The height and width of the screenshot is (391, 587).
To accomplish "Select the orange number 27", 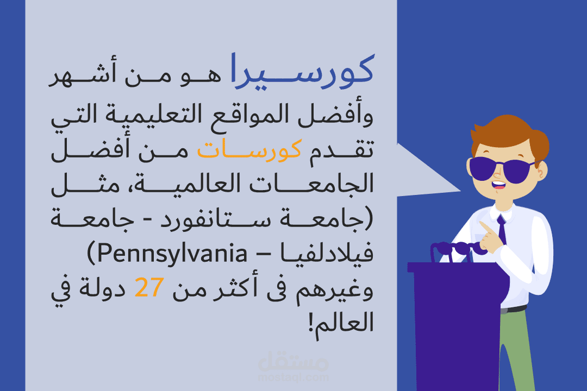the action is tap(149, 287).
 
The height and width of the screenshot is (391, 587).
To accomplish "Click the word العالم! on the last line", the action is tap(341, 323).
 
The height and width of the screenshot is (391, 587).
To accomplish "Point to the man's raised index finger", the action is tap(485, 227).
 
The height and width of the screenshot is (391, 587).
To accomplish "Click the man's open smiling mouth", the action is tap(498, 185).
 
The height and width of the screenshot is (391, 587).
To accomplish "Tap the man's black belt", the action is tap(513, 309).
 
